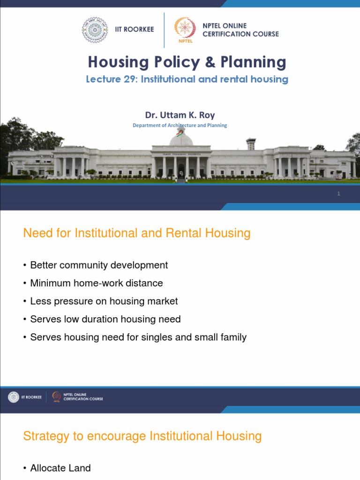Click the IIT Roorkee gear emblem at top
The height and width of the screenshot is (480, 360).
tap(95, 30)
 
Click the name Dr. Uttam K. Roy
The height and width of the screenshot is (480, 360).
tap(180, 115)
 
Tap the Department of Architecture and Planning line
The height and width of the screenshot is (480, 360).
tap(180, 125)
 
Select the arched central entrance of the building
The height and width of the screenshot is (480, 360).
tap(181, 170)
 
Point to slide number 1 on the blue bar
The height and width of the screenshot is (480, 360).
tap(338, 194)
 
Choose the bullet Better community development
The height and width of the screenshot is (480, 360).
tap(99, 265)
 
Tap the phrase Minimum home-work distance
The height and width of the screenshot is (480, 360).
tap(97, 283)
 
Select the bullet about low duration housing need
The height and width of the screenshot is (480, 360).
tap(105, 319)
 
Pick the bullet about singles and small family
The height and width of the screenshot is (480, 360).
tap(138, 337)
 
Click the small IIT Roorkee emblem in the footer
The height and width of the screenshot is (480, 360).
tap(14, 397)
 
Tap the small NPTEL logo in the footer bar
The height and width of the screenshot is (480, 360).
tap(57, 397)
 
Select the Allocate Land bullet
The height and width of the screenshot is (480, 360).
tap(60, 468)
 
